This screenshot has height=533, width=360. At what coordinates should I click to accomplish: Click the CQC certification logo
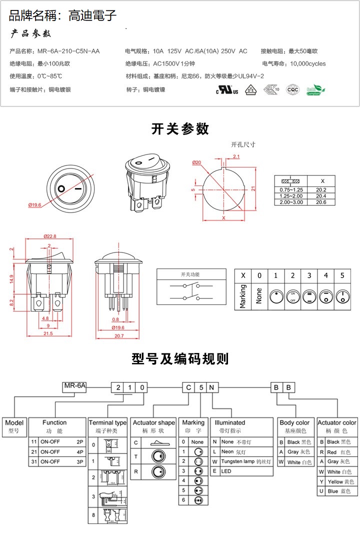(292, 90)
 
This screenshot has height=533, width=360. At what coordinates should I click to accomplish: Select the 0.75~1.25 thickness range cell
(291, 190)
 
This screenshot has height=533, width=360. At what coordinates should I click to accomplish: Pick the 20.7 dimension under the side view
(118, 336)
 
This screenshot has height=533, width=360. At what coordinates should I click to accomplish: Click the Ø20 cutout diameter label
(196, 162)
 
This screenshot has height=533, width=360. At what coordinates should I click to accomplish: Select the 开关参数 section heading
(180, 129)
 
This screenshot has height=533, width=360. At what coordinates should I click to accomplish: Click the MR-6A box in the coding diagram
(75, 385)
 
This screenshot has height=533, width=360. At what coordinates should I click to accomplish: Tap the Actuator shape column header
(153, 422)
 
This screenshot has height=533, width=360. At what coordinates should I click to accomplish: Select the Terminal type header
(107, 422)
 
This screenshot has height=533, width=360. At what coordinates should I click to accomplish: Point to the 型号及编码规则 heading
(180, 358)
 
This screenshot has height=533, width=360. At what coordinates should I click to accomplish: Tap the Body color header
(294, 422)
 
